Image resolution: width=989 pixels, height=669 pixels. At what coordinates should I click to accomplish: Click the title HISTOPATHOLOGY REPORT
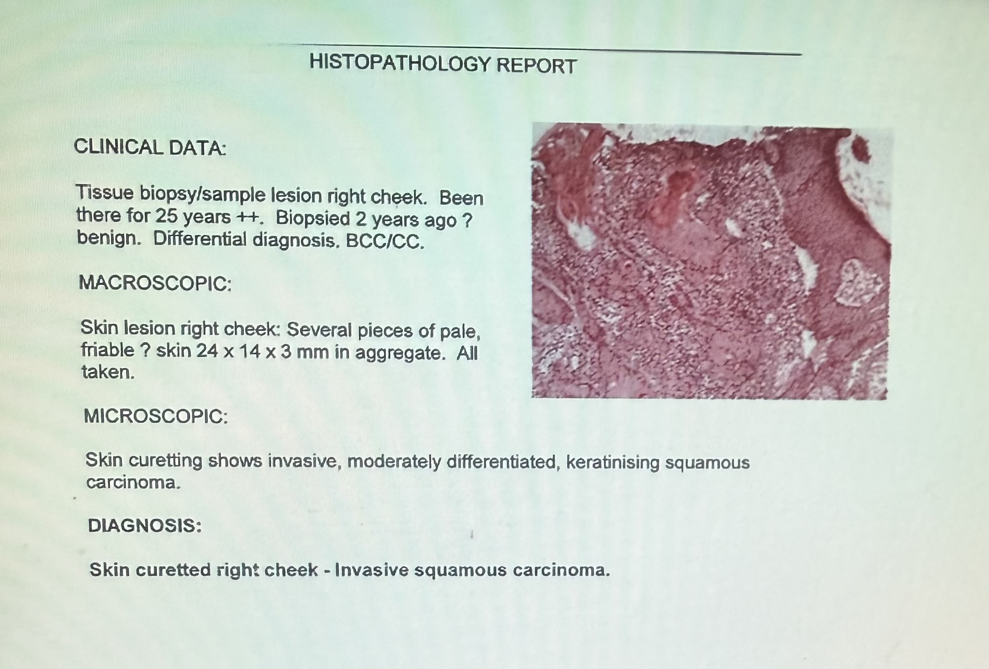tap(443, 65)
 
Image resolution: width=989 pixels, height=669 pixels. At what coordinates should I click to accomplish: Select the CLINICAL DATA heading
tap(150, 147)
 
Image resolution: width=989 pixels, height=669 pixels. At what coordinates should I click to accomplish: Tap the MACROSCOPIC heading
tap(155, 283)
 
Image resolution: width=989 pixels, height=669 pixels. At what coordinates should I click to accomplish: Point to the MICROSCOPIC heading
tap(156, 416)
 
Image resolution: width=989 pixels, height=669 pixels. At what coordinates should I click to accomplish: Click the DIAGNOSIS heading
tap(145, 526)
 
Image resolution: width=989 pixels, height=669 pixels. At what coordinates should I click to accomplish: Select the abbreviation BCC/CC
tap(385, 242)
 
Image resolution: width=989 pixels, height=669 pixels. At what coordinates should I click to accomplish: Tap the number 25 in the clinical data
tap(166, 216)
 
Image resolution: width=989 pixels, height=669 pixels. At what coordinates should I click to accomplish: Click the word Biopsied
tap(313, 218)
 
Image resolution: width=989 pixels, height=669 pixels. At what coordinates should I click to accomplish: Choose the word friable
tap(108, 350)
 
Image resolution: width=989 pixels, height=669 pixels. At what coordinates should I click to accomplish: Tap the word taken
tap(108, 372)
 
